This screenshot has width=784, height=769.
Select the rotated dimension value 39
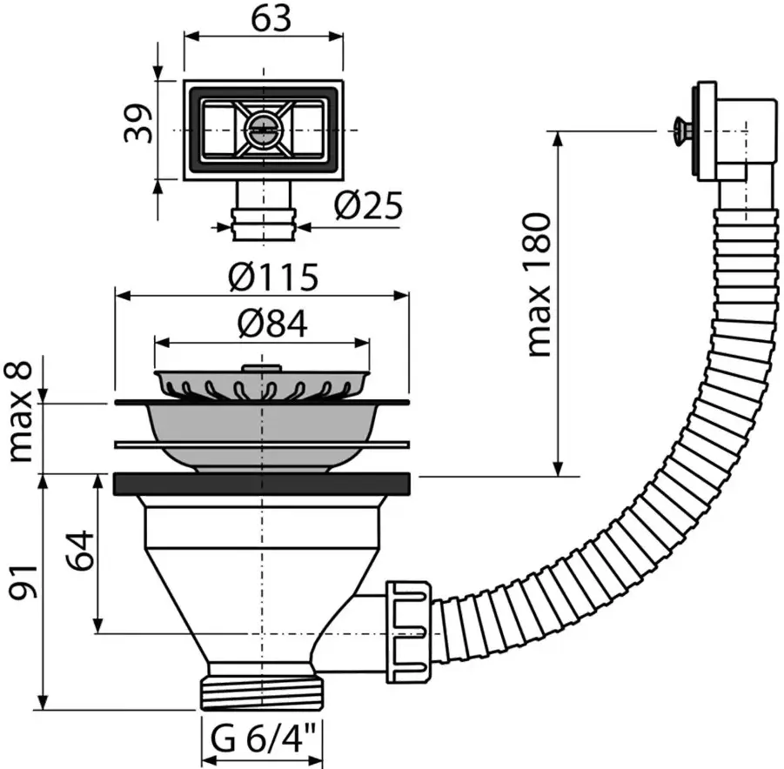[x=137, y=124]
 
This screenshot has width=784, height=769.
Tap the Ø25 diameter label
[x=368, y=205]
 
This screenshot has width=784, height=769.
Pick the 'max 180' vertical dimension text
[x=540, y=284]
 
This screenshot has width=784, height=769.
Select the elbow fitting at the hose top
[x=732, y=140]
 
